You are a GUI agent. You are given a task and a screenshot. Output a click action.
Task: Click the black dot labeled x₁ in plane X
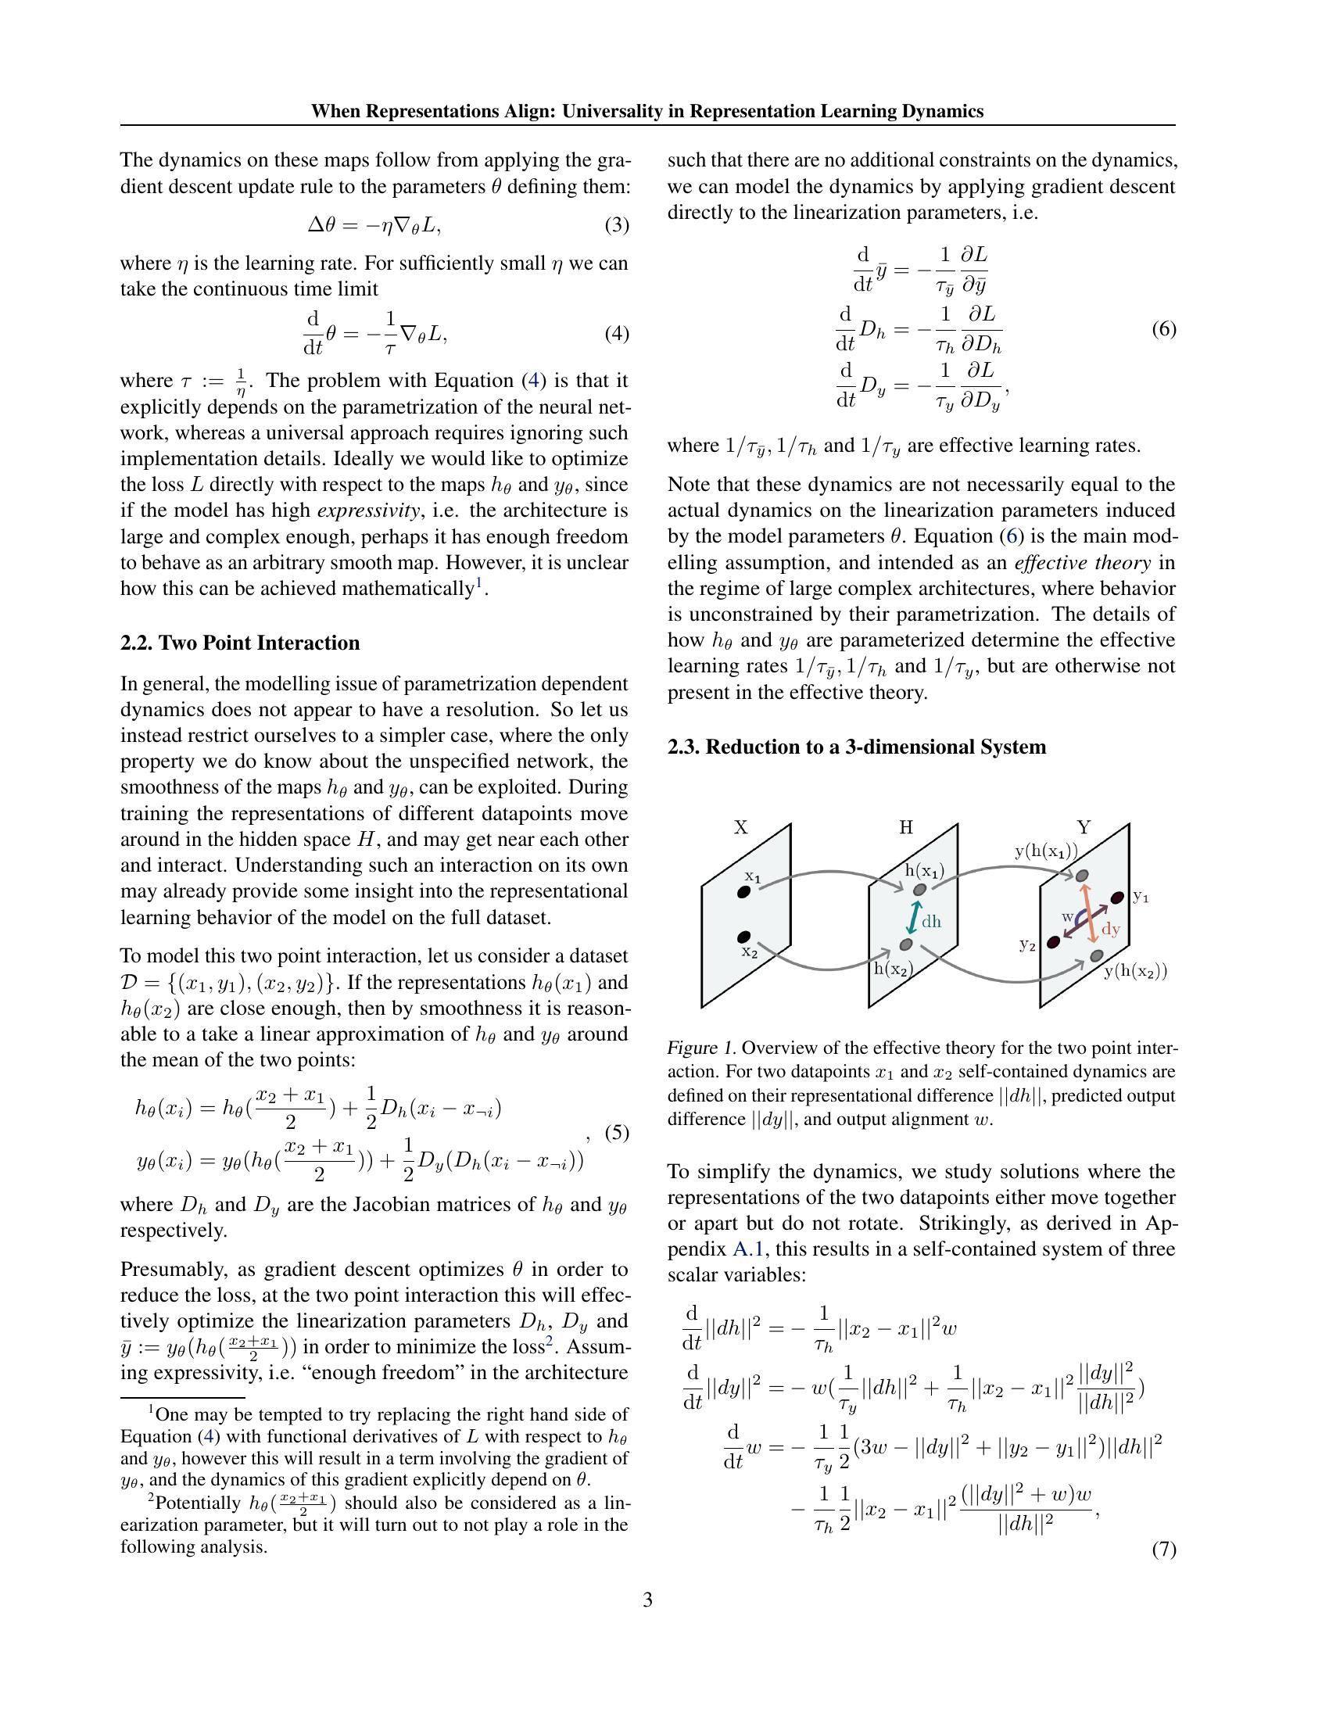[x=743, y=891]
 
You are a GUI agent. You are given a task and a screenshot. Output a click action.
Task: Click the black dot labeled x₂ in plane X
[x=743, y=937]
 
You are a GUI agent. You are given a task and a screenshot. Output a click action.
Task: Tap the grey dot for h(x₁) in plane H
[x=919, y=889]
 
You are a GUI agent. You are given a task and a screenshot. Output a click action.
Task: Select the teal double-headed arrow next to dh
[x=912, y=918]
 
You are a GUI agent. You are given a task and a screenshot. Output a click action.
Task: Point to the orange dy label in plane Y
[x=1110, y=930]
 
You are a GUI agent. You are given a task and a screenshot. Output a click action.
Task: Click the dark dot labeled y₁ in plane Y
[x=1116, y=897]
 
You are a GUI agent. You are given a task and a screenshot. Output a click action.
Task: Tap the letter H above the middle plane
[x=906, y=827]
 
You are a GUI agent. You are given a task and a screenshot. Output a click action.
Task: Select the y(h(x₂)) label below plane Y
[x=1134, y=971]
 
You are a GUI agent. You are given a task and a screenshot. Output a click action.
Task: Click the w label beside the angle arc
[x=1068, y=916]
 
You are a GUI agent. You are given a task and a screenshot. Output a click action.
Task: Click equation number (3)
[x=617, y=226]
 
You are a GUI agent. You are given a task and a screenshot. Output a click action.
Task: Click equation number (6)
[x=1164, y=328]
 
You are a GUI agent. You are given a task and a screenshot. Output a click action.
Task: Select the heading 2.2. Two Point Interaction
[x=240, y=643]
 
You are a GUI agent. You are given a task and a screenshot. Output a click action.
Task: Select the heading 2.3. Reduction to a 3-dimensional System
[x=857, y=747]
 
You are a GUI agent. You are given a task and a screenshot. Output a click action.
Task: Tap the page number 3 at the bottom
[x=647, y=1600]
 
